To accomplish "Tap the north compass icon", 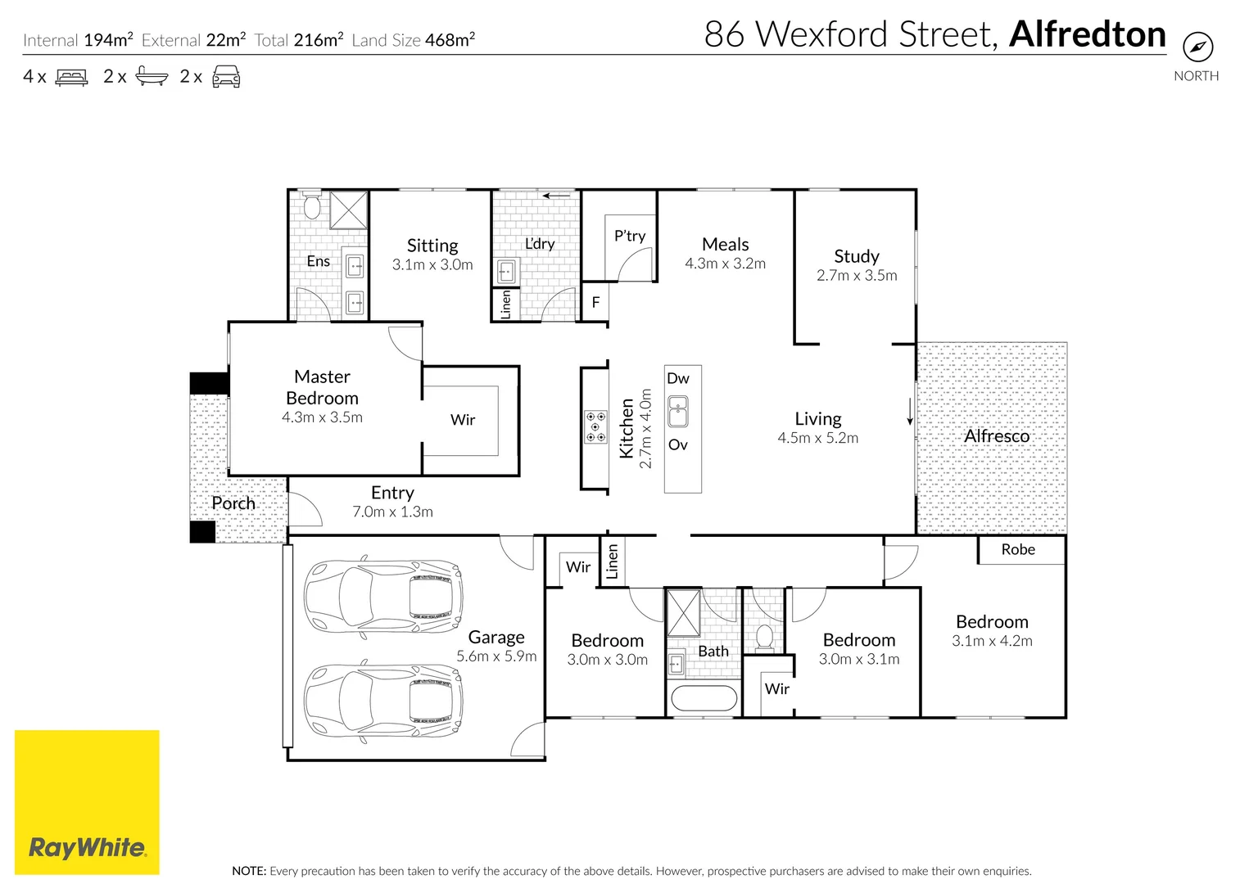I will click(x=1197, y=47).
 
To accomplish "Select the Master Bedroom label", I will click(x=322, y=387).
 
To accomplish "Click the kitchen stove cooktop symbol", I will click(x=595, y=427).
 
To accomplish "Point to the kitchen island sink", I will click(x=678, y=412).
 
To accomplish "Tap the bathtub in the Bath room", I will click(x=704, y=698).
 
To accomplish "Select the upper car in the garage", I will click(x=382, y=596).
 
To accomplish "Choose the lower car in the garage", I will click(x=382, y=701).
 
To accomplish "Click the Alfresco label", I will click(x=997, y=436).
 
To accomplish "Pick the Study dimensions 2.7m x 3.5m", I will click(x=857, y=276).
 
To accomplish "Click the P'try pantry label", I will click(x=630, y=236).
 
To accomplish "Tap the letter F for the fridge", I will click(x=595, y=302).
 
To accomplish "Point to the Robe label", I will click(x=1018, y=550).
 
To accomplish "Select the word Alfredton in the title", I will click(x=1088, y=34).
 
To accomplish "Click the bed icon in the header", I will click(x=71, y=78).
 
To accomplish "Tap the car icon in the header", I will click(x=226, y=78).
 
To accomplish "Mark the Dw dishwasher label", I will click(x=678, y=378).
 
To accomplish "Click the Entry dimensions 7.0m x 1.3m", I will click(x=392, y=512).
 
